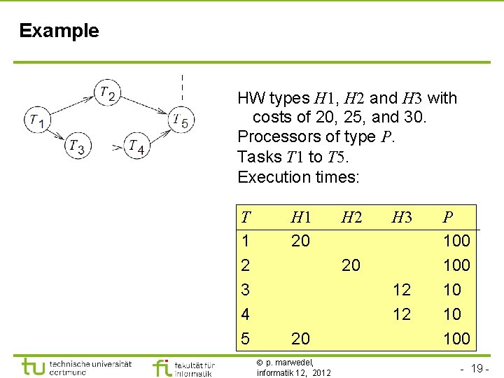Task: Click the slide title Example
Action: point(59,31)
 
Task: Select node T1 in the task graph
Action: point(36,120)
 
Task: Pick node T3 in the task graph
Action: point(76,146)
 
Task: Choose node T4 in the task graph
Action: point(137,146)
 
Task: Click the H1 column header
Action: point(300,218)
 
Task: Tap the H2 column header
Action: point(351,218)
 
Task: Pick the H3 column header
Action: point(401,218)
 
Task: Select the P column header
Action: point(448,218)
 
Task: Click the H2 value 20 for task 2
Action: point(351,265)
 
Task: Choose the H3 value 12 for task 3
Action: point(401,290)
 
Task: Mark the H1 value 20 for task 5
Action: point(300,339)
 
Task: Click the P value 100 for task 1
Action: point(456,241)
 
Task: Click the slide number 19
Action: point(476,367)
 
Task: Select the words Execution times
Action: point(298,177)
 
